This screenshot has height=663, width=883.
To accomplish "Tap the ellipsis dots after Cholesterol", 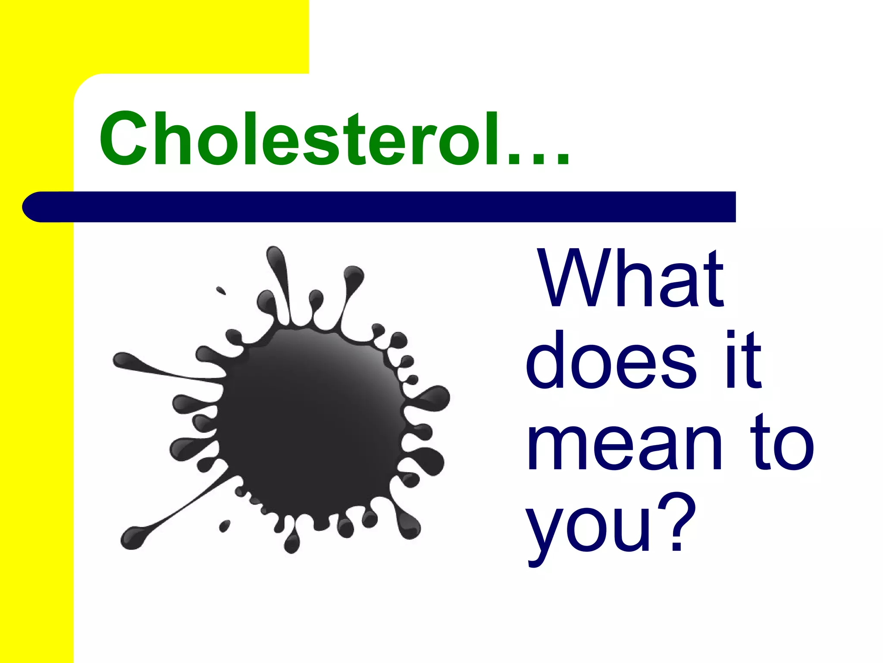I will (539, 160).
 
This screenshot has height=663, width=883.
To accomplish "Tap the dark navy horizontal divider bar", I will (388, 207).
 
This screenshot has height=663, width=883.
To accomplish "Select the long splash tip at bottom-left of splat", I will (134, 537).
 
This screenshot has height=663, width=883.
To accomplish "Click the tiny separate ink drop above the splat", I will (221, 290).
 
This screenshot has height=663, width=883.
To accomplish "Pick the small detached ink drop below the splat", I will (225, 526).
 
